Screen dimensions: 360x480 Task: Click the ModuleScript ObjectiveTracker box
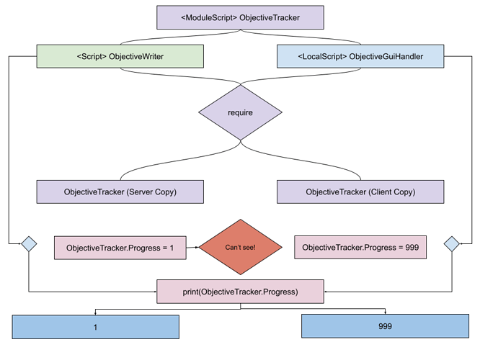[240, 17]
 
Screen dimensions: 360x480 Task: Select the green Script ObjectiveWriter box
[120, 56]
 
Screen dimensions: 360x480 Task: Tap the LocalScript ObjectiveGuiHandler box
[360, 56]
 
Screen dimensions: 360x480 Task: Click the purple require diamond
[240, 113]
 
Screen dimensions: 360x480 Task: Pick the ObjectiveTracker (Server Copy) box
[120, 192]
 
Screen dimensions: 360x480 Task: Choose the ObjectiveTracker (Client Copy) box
[360, 192]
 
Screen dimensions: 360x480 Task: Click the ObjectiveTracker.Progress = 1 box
[120, 248]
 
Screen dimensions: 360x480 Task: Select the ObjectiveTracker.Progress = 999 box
[360, 248]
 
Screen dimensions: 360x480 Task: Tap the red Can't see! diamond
[240, 248]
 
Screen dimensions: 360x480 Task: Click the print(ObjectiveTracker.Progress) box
[240, 292]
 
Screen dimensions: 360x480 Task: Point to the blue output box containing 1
[95, 327]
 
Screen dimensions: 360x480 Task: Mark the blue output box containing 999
[385, 326]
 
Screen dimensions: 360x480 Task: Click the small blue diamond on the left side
[28, 243]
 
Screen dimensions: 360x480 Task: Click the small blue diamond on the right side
[451, 243]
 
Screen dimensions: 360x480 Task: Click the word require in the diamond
[240, 113]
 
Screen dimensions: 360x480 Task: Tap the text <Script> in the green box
[91, 56]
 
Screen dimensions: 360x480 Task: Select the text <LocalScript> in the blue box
[322, 56]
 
